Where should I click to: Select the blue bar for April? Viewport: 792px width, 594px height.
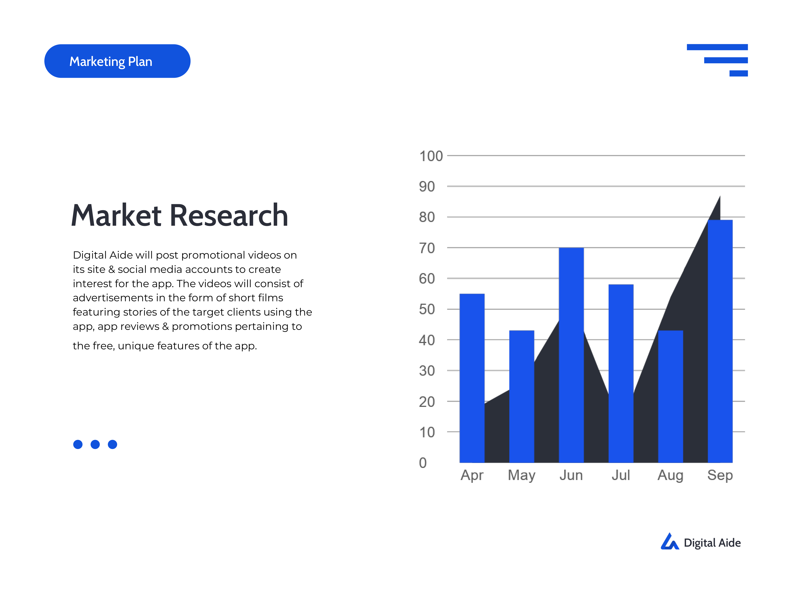(472, 378)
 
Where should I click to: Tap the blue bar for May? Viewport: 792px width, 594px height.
(522, 396)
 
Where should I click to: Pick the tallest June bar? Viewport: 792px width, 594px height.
(571, 355)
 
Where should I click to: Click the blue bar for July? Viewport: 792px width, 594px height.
(621, 373)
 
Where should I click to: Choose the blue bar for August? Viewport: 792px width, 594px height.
(671, 396)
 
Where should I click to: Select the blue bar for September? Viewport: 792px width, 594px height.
(720, 341)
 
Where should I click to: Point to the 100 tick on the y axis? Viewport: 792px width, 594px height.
(431, 156)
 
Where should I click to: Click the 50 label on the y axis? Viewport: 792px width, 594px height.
(427, 309)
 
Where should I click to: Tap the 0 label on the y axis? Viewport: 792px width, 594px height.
(423, 463)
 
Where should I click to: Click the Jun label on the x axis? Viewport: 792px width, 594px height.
(571, 475)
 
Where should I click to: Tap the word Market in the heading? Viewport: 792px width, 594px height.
(116, 216)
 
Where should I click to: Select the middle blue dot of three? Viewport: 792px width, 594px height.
(95, 444)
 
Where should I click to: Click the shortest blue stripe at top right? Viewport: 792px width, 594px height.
(739, 73)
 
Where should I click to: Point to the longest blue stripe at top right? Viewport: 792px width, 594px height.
(717, 47)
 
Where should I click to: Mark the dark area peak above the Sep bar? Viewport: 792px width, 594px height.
(720, 196)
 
